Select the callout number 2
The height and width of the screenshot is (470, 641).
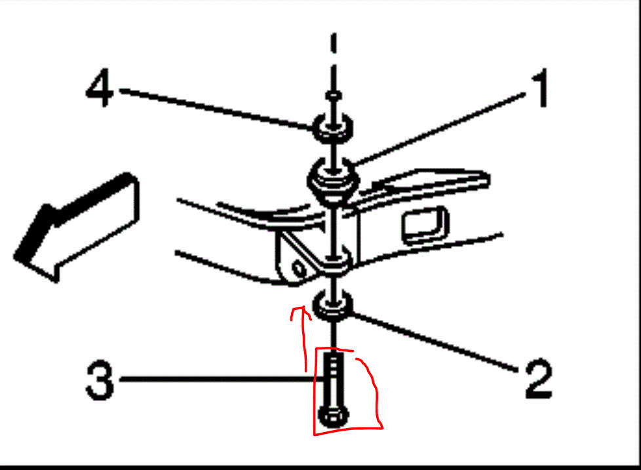537,380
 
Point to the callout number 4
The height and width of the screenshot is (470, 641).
100,91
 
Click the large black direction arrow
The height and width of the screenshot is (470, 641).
72,226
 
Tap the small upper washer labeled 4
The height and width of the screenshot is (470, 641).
334,125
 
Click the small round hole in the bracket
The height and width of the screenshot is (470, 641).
300,269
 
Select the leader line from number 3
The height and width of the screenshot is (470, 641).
216,379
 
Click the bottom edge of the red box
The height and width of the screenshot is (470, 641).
347,431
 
